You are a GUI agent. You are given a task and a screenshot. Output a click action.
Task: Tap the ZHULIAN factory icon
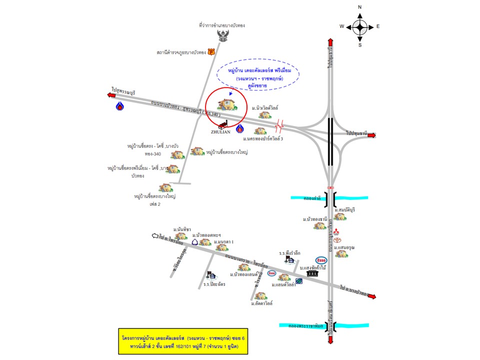(x=223, y=124)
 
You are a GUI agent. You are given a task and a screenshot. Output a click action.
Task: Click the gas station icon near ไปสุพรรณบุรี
(x=120, y=106)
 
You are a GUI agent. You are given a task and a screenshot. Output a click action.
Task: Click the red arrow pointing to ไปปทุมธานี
(x=371, y=134)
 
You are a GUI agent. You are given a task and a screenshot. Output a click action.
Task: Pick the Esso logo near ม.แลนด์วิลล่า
(x=272, y=273)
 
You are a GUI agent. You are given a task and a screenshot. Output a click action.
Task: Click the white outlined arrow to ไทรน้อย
(x=155, y=235)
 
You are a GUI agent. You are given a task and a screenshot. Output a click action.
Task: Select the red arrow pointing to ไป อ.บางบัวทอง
(x=371, y=296)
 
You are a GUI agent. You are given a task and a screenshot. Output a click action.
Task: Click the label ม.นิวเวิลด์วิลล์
(x=265, y=107)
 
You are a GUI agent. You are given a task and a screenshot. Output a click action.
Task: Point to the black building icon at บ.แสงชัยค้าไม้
(x=312, y=274)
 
